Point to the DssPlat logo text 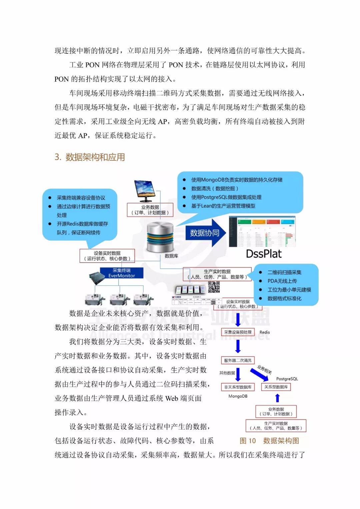pos(263,254)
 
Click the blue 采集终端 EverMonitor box pos(122,273)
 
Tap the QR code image pos(214,287)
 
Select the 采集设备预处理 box pos(238,332)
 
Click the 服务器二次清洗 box pos(238,360)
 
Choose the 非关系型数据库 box pos(238,387)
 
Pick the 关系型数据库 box pos(276,387)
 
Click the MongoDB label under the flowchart pos(238,396)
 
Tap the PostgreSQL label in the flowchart pos(287,379)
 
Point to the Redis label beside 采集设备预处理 pos(265,332)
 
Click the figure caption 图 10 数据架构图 pos(269,441)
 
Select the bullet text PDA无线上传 pos(282,281)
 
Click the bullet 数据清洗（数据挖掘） pos(215,188)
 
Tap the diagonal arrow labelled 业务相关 pos(260,374)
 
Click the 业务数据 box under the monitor pos(150,210)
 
